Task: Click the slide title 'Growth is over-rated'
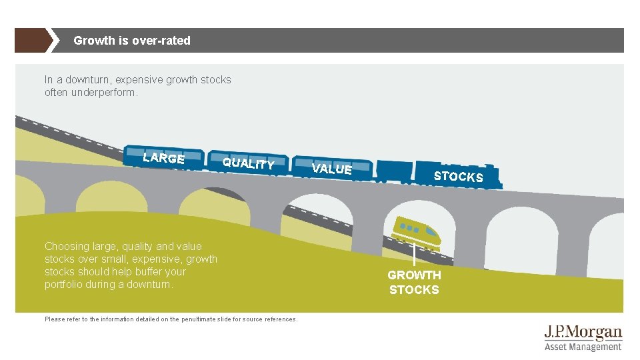[x=132, y=41]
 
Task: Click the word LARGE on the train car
[x=163, y=158]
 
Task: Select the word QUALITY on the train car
[x=248, y=163]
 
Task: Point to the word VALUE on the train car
[x=331, y=169]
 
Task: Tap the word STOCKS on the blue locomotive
[x=458, y=176]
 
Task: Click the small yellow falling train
[x=417, y=230]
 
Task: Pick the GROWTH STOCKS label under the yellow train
[x=414, y=282]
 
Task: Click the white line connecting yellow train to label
[x=415, y=255]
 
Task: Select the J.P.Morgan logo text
[x=583, y=333]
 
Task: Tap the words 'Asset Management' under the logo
[x=583, y=347]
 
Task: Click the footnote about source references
[x=171, y=319]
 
